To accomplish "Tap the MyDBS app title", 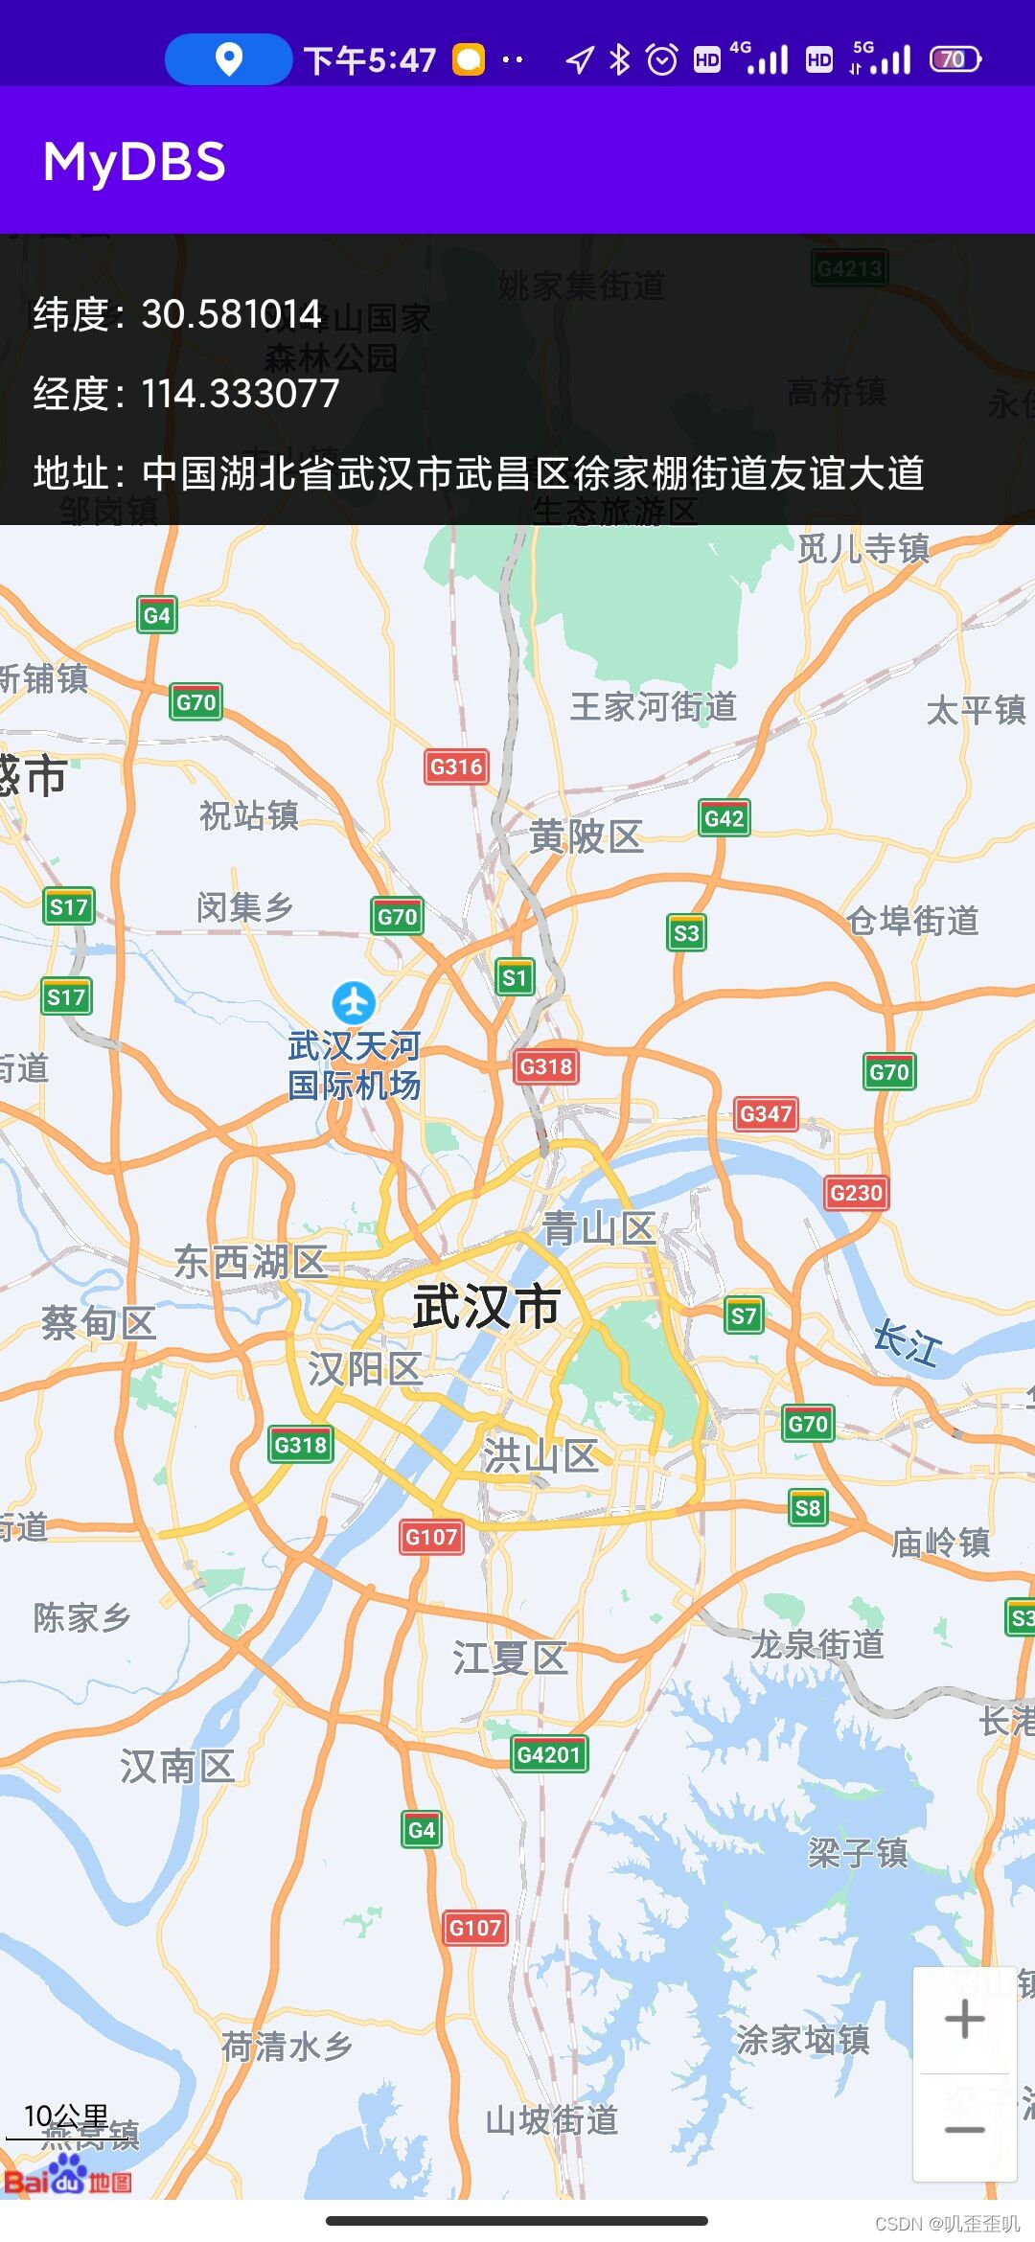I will coord(134,162).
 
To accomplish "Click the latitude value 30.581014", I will coord(231,314).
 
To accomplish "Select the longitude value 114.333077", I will coord(241,394).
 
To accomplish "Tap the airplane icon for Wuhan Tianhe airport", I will coord(354,1002).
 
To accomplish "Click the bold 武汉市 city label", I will coord(486,1306).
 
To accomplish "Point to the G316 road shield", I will coord(456,766).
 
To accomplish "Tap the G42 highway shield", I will coord(724,818).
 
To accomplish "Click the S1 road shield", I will coord(515,977).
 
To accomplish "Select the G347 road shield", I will coord(766,1113).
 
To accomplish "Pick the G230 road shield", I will coord(856,1193).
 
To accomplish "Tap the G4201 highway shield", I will coord(548,1754).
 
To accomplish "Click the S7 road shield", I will coord(744,1316).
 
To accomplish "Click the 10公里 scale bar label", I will coord(65,2116).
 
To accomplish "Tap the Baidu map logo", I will coord(67,2178).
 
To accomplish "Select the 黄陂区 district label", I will coord(586,837).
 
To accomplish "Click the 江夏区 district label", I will coord(510,1659).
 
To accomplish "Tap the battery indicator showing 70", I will coord(954,59).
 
